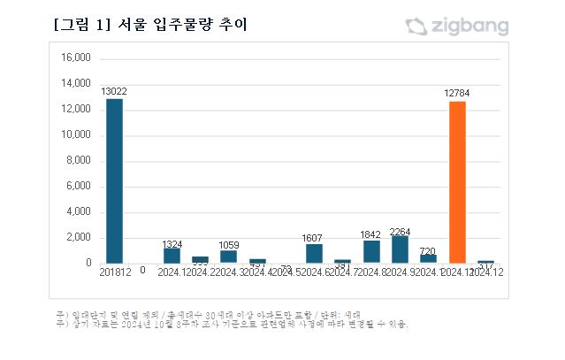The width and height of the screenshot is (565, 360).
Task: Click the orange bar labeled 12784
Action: (x=457, y=182)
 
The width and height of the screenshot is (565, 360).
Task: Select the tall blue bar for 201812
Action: (x=114, y=180)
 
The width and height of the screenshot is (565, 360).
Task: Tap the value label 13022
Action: (x=114, y=92)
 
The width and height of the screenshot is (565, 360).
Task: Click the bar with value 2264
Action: (x=400, y=249)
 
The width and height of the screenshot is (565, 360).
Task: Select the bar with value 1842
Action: (x=371, y=252)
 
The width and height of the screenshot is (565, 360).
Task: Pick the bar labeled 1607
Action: (x=314, y=254)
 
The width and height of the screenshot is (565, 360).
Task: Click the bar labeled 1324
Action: (x=172, y=256)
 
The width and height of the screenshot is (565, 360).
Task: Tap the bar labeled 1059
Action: (x=228, y=257)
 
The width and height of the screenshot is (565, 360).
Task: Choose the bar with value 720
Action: (x=429, y=258)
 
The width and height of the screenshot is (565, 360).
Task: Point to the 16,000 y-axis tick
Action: (x=75, y=58)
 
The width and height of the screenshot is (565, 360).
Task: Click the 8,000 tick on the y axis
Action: (x=79, y=161)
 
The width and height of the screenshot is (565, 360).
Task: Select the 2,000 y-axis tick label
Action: (x=79, y=238)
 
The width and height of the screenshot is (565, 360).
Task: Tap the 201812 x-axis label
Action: (x=114, y=272)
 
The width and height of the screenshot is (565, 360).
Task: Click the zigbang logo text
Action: (x=469, y=27)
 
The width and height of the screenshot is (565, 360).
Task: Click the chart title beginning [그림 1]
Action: (x=150, y=26)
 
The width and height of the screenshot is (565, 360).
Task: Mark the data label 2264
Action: (x=400, y=233)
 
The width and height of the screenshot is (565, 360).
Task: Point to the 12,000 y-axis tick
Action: (x=75, y=110)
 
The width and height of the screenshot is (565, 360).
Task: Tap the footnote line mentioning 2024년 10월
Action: (x=230, y=325)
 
